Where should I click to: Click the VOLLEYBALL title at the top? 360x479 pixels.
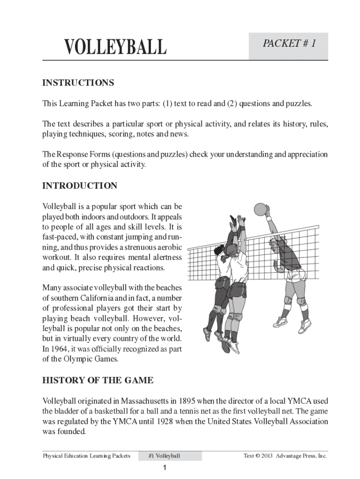point(115,47)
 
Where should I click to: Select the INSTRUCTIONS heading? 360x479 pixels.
point(78,83)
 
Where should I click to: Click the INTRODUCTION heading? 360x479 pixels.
point(80,186)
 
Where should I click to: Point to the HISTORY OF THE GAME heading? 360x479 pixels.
point(98,380)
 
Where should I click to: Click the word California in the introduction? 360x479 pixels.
point(98,298)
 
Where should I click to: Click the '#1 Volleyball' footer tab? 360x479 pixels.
point(164,456)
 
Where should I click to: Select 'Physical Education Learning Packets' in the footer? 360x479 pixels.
point(86,456)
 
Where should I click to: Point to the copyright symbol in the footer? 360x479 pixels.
point(258,456)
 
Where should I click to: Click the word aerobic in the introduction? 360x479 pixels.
point(170,247)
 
